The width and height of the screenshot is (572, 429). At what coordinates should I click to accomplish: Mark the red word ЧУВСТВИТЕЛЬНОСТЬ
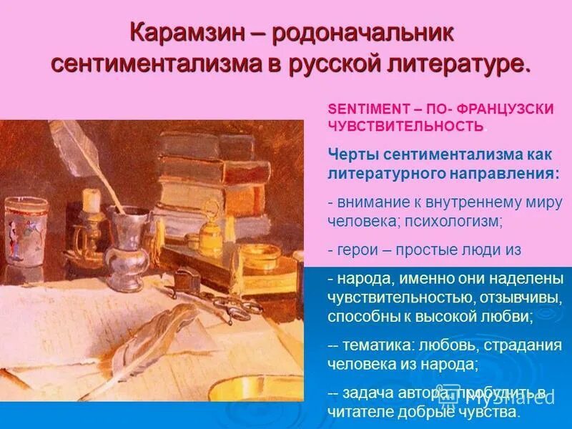click(x=405, y=126)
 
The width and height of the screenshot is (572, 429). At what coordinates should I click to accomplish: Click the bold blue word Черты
click(x=352, y=154)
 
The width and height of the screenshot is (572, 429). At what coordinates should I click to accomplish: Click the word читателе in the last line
click(x=365, y=413)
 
